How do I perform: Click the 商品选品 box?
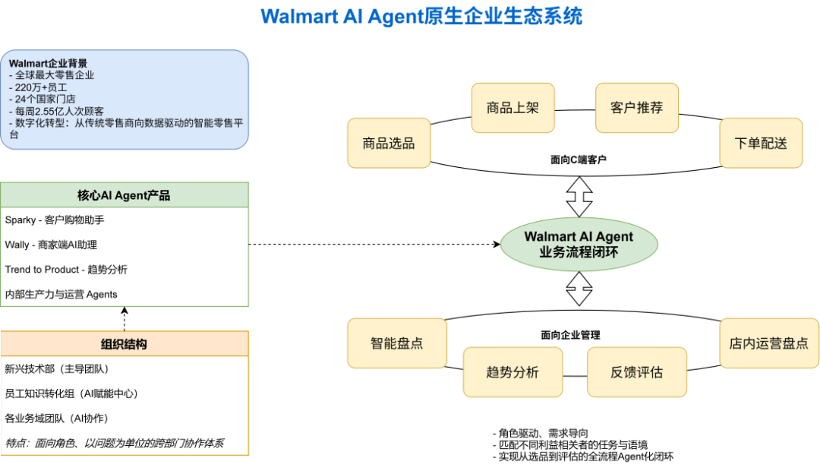(389, 143)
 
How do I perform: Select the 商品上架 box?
(512, 108)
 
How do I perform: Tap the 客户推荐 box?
(636, 108)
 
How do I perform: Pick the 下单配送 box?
(761, 143)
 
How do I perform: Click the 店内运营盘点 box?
(768, 343)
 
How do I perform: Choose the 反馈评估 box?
(636, 372)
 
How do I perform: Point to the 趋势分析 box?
(512, 372)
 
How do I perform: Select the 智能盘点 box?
(397, 343)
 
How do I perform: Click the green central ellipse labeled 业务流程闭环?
(579, 245)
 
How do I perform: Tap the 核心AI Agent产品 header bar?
(125, 195)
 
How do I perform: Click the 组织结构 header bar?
(125, 344)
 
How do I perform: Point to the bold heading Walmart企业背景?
(48, 63)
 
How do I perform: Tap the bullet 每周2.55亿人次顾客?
(59, 111)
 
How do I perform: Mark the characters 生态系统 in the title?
(550, 17)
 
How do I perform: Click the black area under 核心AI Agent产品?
(125, 257)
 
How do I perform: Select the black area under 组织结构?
(125, 406)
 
